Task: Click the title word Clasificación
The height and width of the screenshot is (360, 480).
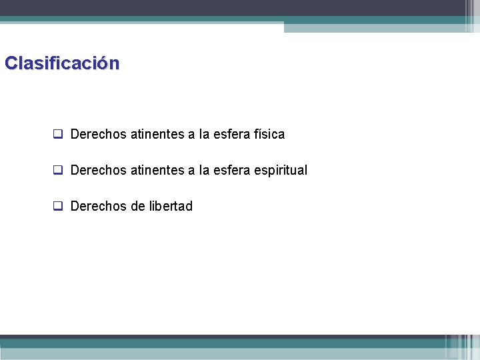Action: [x=62, y=64]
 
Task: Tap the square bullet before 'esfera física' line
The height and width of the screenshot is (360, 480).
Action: [x=58, y=134]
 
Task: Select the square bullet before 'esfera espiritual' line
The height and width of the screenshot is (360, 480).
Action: [x=58, y=170]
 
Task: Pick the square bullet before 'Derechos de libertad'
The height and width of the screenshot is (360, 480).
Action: [x=58, y=206]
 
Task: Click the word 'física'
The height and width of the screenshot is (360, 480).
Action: [x=269, y=134]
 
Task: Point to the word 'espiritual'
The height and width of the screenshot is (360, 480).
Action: [x=281, y=170]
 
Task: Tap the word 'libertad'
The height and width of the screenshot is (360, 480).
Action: [x=171, y=206]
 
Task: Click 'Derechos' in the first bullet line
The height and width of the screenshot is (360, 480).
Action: [x=98, y=134]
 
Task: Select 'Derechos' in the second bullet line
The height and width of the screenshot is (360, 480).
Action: [x=98, y=170]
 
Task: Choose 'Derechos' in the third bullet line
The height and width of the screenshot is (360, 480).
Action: [x=98, y=206]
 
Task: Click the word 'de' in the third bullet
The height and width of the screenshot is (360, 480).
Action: [x=138, y=206]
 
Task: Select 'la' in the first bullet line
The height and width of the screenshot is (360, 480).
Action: [x=204, y=134]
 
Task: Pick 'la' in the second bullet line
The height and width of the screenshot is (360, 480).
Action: [x=204, y=170]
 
